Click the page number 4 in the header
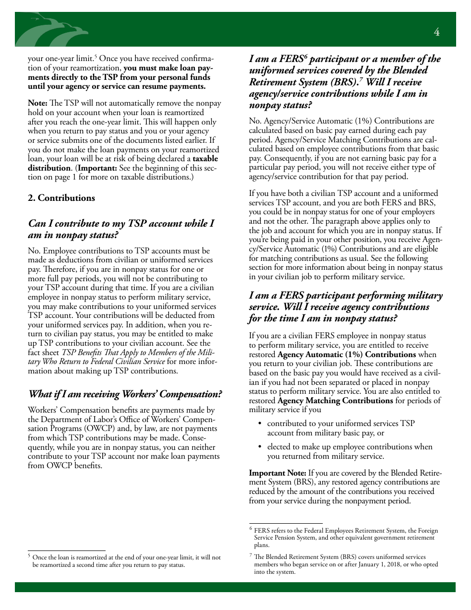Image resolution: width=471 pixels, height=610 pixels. [436, 32]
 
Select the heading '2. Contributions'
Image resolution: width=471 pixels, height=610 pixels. [61, 198]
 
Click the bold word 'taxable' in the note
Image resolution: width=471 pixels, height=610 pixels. [205, 159]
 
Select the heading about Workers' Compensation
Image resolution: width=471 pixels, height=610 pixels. [125, 394]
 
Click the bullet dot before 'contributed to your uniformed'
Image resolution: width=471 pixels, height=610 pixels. [260, 424]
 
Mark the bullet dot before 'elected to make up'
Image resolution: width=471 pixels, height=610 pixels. [260, 447]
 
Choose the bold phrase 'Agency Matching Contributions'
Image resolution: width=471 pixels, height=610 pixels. [335, 400]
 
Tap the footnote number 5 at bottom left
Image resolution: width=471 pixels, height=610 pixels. [29, 556]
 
